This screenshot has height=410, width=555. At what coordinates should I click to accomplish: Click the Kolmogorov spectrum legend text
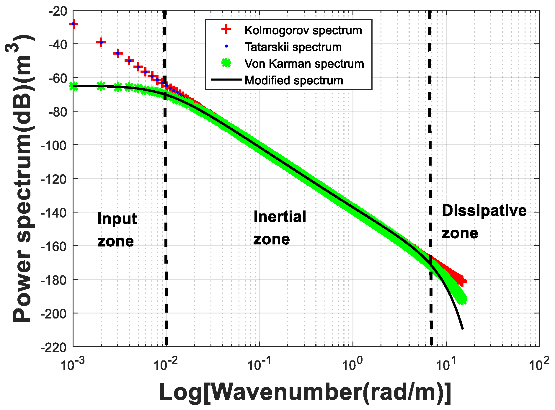(303, 30)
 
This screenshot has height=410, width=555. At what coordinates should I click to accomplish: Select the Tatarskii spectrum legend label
(293, 47)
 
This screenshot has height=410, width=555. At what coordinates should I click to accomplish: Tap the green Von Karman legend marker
(226, 63)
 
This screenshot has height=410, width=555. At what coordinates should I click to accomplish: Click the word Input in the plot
(117, 219)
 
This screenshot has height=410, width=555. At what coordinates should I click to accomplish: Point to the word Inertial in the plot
(280, 217)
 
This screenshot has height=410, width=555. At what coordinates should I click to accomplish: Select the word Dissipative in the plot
(484, 211)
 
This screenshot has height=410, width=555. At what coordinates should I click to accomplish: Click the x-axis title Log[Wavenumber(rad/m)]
(305, 393)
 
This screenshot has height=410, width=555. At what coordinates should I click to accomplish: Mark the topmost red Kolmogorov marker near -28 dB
(74, 24)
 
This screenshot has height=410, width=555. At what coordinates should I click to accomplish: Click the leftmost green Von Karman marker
(74, 86)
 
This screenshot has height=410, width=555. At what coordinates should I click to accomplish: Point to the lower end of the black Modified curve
(462, 328)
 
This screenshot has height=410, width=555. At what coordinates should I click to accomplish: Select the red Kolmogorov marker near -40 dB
(101, 42)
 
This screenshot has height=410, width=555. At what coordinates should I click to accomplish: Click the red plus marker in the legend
(226, 29)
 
